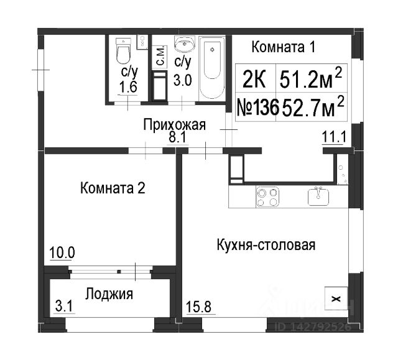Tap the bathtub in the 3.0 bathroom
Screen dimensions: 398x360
[x=212, y=68]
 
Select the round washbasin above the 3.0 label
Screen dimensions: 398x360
[x=185, y=44]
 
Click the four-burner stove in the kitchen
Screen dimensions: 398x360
[x=267, y=197]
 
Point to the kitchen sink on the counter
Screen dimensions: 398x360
[x=318, y=196]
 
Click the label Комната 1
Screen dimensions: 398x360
[x=284, y=47]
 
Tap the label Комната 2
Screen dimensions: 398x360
[x=113, y=188]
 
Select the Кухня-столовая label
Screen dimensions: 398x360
[x=266, y=245]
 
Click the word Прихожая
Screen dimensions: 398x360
[x=174, y=125]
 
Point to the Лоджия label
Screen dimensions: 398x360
[x=109, y=294]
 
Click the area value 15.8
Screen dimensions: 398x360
[x=199, y=307]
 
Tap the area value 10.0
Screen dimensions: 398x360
[x=62, y=252]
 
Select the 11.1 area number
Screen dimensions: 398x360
[x=334, y=137]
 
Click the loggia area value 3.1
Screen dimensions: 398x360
[x=64, y=306]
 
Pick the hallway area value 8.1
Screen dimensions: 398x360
[x=178, y=138]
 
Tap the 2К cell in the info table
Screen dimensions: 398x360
[x=254, y=79]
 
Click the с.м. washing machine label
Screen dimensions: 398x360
[x=160, y=57]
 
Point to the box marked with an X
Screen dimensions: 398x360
[x=336, y=298]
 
